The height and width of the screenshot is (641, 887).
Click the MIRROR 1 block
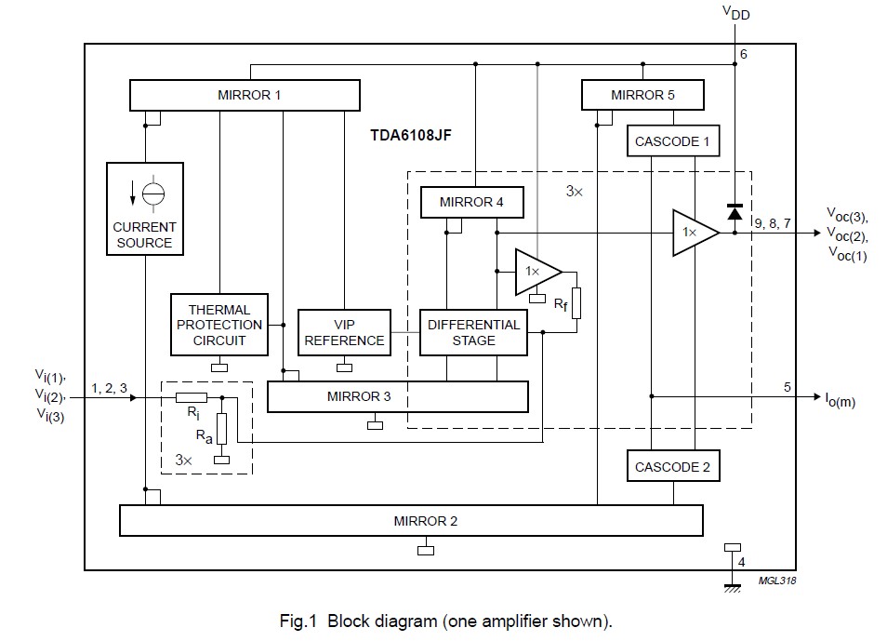(x=244, y=95)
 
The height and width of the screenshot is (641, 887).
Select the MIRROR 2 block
(x=411, y=520)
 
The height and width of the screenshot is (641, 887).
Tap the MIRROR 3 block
(x=397, y=396)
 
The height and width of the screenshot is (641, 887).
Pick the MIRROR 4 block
(x=472, y=202)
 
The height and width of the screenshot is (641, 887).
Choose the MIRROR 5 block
(x=642, y=95)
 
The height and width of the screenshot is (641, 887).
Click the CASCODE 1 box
(x=672, y=141)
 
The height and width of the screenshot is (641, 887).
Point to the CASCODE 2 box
(x=672, y=467)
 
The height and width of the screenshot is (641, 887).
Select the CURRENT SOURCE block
(x=144, y=209)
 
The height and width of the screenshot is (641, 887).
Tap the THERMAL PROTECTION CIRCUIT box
(x=218, y=325)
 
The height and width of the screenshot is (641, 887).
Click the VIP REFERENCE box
(x=344, y=332)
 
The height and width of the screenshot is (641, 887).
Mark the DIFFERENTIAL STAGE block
(x=473, y=332)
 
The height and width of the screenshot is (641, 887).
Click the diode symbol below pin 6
(x=735, y=211)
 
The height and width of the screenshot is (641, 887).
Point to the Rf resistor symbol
(x=576, y=302)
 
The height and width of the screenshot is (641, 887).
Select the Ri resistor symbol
(x=191, y=397)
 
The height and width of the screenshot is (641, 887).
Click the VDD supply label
(x=735, y=13)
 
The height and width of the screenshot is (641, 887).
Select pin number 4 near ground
(x=742, y=562)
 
